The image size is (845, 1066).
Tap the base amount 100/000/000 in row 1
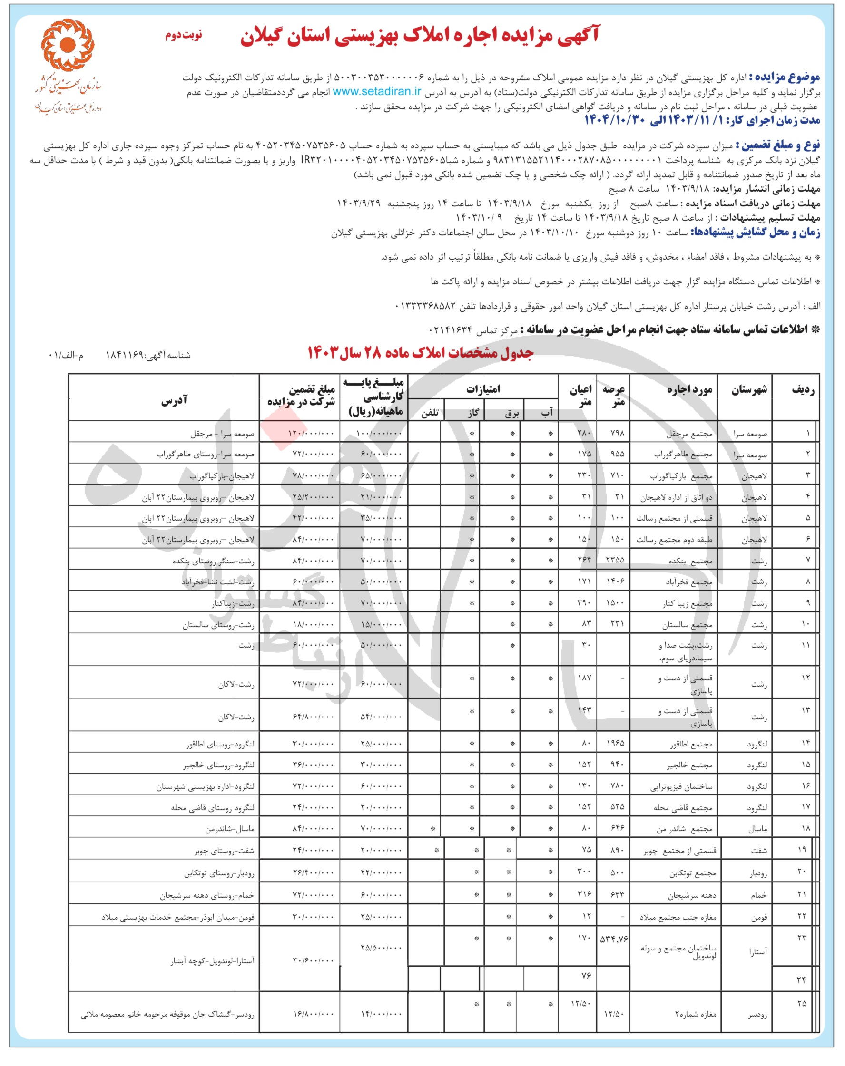[380, 434]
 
